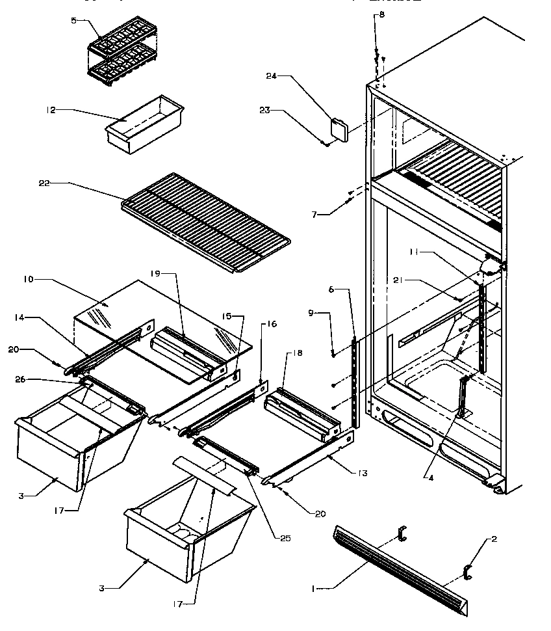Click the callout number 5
[73, 21]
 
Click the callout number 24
[271, 76]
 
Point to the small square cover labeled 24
[339, 128]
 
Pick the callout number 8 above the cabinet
[381, 14]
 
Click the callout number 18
[298, 353]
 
